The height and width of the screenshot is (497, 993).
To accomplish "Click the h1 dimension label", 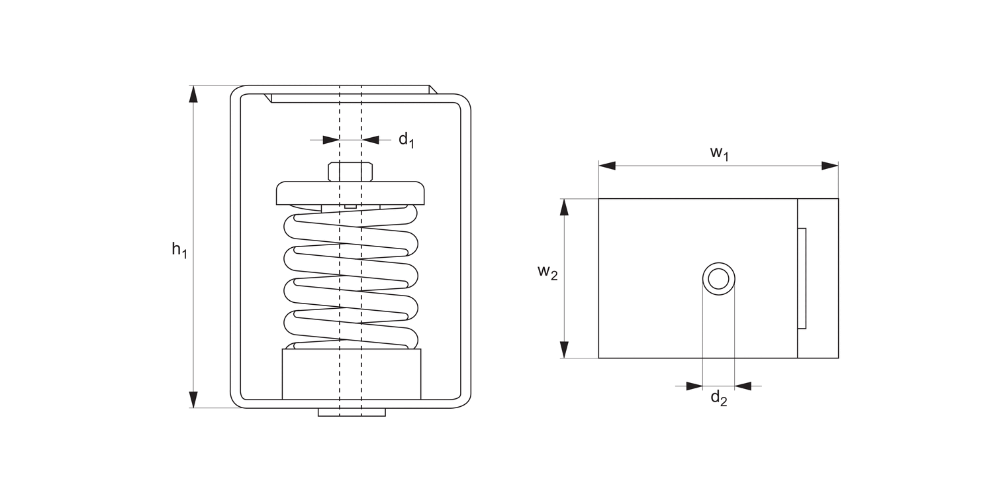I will click(x=179, y=250).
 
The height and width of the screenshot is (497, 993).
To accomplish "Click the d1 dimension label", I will click(x=406, y=140).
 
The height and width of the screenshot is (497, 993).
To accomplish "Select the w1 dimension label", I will click(x=719, y=153).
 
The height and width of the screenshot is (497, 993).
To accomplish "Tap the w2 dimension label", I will click(x=547, y=272).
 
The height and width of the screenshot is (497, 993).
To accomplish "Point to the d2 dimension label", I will click(x=719, y=398).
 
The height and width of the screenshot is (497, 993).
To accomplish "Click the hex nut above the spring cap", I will click(x=350, y=172).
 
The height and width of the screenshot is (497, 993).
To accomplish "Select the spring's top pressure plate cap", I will click(x=350, y=193).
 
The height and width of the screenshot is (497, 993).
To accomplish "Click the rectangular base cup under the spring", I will click(x=351, y=374).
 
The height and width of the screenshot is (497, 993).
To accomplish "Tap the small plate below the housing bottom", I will click(x=351, y=412).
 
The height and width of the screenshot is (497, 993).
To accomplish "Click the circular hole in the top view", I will click(x=718, y=278).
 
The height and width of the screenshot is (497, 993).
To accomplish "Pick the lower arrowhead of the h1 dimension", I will click(x=193, y=400).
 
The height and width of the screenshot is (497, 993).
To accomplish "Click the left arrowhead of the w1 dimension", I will click(x=607, y=166).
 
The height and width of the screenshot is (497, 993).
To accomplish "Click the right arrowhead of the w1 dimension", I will click(x=830, y=166).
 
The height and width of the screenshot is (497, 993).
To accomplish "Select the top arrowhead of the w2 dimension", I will click(x=564, y=207).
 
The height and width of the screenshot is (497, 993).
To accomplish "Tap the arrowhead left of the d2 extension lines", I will click(x=694, y=386).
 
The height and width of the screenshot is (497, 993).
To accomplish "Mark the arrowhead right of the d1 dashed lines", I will click(x=371, y=140).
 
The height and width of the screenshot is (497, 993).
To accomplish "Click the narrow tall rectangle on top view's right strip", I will click(x=802, y=278).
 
